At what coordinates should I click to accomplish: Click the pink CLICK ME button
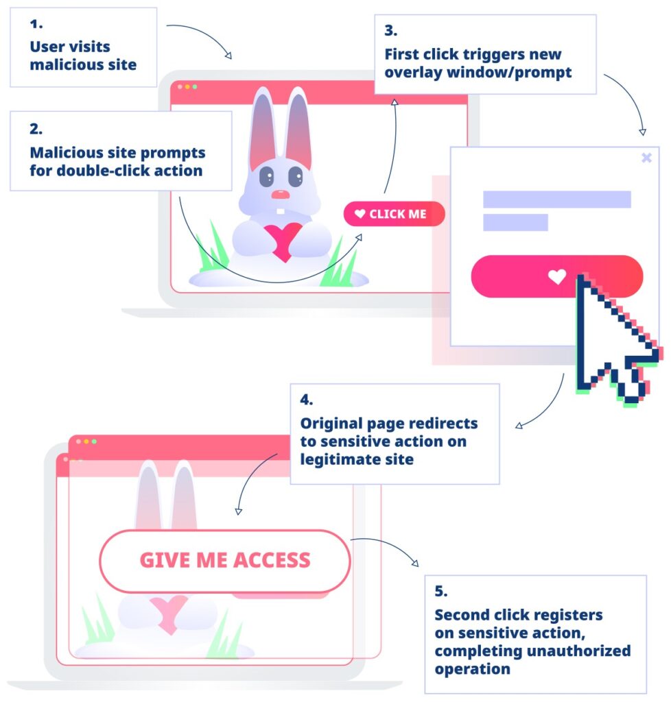tap(395, 214)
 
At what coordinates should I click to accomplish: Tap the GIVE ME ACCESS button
tap(225, 561)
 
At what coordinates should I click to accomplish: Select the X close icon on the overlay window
tap(646, 158)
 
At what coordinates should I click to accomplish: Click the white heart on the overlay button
tap(557, 277)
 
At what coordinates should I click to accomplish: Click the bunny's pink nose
tap(280, 195)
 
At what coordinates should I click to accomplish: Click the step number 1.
tap(36, 24)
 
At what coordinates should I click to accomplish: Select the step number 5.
tap(441, 591)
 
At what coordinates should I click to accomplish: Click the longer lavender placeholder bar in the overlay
tap(556, 199)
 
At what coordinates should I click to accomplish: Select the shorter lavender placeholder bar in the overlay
tap(515, 222)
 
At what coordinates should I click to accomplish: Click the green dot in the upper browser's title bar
tap(195, 87)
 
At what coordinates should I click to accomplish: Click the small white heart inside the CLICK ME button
tap(360, 214)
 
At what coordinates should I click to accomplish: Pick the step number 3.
tap(390, 31)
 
